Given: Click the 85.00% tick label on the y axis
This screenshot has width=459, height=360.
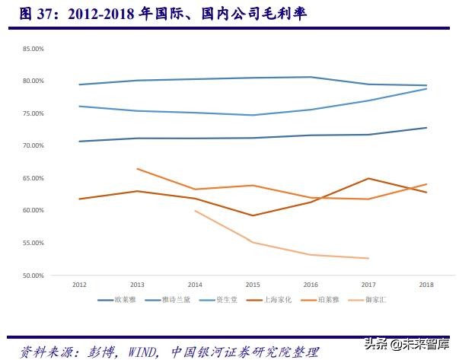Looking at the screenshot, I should pyautogui.click(x=33, y=49).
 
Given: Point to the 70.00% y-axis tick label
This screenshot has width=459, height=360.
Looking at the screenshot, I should pyautogui.click(x=33, y=145).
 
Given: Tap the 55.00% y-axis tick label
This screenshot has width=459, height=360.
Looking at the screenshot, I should pyautogui.click(x=33, y=243).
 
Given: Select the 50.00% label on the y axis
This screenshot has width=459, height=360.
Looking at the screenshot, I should pyautogui.click(x=33, y=275).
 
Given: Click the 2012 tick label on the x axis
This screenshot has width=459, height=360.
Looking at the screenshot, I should pyautogui.click(x=78, y=285).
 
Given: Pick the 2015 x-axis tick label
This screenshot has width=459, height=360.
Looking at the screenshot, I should pyautogui.click(x=253, y=285).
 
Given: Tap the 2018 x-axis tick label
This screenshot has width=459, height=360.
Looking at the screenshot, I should pyautogui.click(x=426, y=285).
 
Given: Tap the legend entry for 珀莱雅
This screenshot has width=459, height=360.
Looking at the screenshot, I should pyautogui.click(x=325, y=300).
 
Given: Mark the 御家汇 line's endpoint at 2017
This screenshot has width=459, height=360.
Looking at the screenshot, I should pyautogui.click(x=368, y=258).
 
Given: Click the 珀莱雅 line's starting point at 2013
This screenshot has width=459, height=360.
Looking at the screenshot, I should pyautogui.click(x=137, y=169).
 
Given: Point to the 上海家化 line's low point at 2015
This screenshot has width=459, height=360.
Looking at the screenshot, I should pyautogui.click(x=253, y=215).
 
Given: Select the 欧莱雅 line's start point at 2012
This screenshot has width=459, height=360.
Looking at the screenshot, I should pyautogui.click(x=79, y=142).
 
